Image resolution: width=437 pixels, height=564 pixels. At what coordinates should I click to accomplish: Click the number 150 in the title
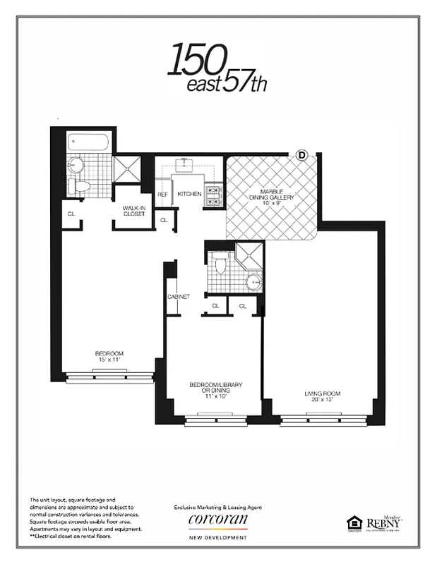(x=197, y=61)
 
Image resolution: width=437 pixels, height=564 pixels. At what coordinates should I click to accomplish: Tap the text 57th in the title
(x=246, y=84)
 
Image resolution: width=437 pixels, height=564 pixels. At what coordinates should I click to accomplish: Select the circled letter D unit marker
(x=302, y=154)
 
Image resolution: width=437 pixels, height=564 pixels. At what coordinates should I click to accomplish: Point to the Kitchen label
(x=189, y=194)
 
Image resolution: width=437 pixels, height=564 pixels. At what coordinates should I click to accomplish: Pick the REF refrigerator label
(x=162, y=195)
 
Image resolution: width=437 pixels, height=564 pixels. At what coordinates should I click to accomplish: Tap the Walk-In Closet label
(x=133, y=211)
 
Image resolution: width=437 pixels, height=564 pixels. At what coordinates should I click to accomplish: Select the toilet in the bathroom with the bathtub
(x=78, y=187)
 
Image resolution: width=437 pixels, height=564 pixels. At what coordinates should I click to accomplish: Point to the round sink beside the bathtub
(x=76, y=166)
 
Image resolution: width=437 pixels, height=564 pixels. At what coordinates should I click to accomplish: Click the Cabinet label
(x=179, y=297)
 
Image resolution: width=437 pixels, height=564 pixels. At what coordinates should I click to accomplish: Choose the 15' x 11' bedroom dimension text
(x=109, y=360)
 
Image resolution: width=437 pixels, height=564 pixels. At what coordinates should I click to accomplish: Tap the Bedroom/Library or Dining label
(x=215, y=388)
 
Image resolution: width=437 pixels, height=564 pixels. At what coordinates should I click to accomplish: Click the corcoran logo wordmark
(x=217, y=520)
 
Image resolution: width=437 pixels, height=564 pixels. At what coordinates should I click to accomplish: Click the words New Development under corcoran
(x=217, y=538)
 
